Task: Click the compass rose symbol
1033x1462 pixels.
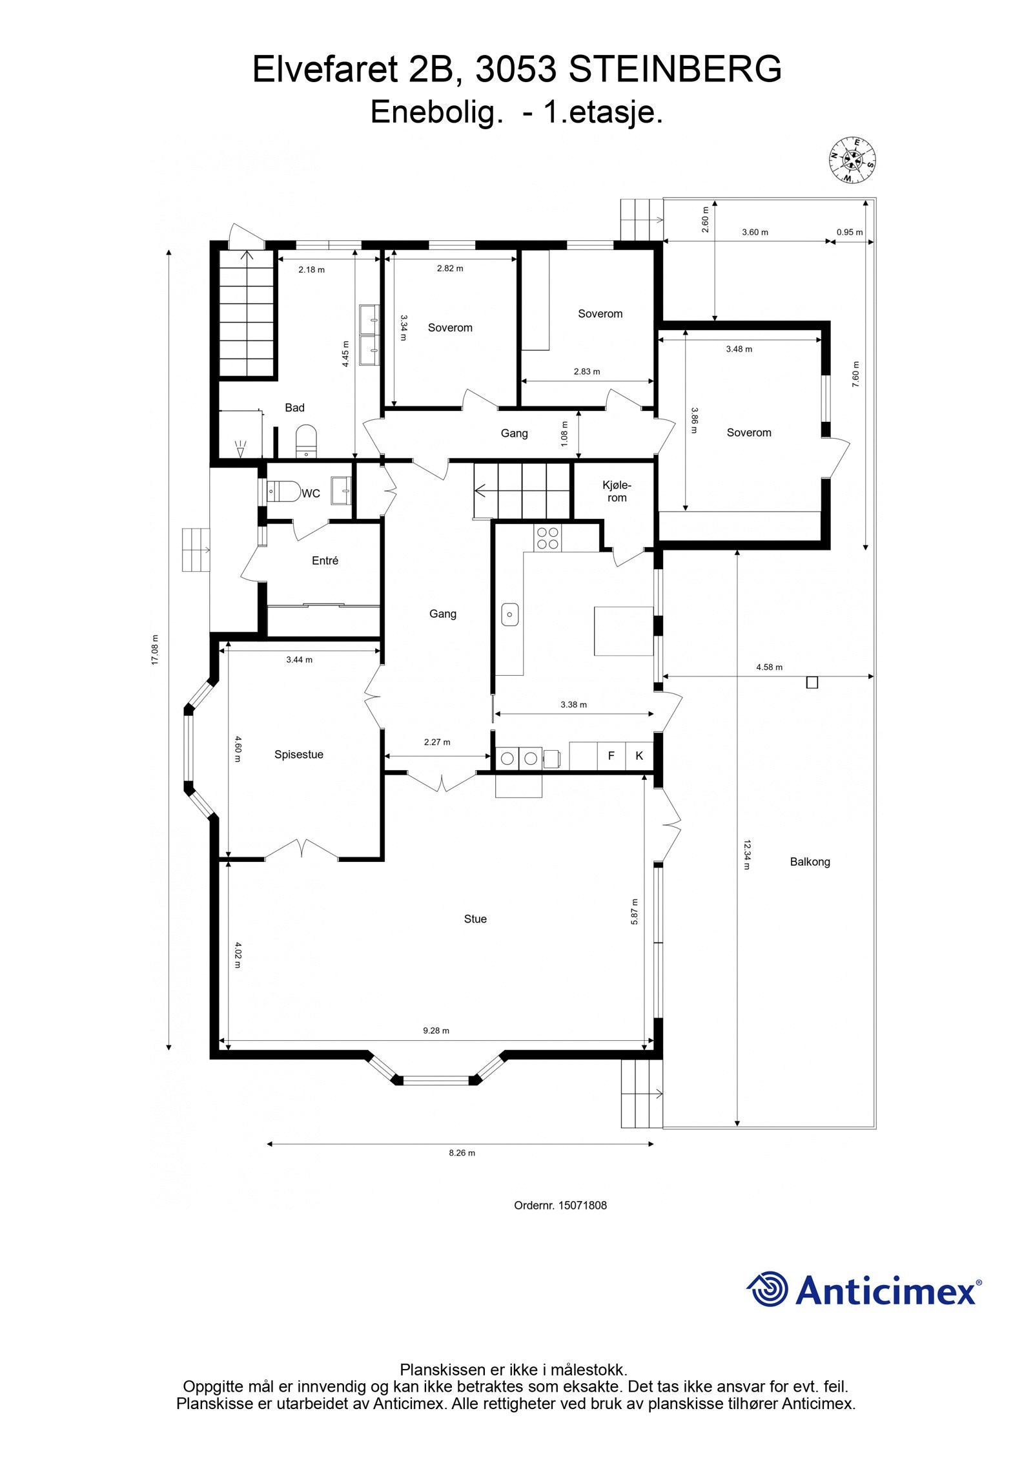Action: click(852, 160)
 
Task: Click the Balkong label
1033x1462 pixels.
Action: click(810, 861)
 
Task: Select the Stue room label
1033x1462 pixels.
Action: click(475, 919)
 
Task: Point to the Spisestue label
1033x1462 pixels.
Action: click(298, 754)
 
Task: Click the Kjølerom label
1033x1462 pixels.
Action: click(617, 491)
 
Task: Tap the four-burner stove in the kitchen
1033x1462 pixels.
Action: click(547, 538)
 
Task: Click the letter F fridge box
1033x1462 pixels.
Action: click(611, 755)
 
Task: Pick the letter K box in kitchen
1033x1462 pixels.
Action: click(639, 755)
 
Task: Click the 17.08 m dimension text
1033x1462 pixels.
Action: click(155, 650)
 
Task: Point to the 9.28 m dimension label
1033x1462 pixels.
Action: click(436, 1030)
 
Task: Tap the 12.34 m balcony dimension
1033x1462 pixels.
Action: click(746, 855)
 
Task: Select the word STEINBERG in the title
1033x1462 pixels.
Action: click(674, 70)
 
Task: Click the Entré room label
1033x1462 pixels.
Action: click(325, 561)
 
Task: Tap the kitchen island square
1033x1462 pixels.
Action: click(624, 631)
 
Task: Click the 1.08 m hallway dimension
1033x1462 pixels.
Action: click(565, 434)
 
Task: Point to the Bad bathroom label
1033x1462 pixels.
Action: click(294, 408)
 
